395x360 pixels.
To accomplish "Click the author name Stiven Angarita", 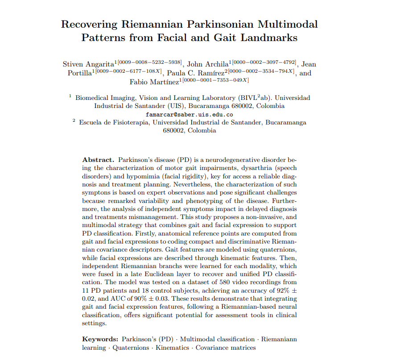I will pos(89,64).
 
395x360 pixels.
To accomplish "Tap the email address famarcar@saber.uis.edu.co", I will pos(189,114).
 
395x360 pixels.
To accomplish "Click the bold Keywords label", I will pos(100,339).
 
